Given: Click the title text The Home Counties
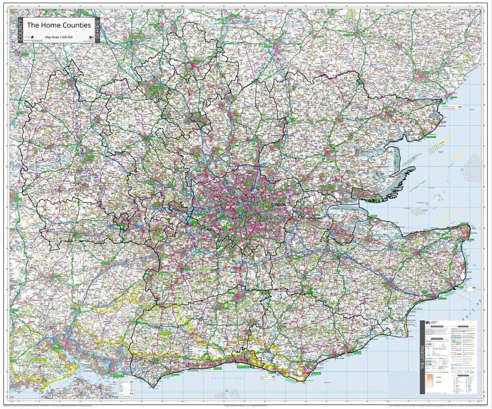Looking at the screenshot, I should point(59,25).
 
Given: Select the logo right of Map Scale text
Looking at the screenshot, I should point(91,37).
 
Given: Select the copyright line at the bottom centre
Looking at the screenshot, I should point(246,406).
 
